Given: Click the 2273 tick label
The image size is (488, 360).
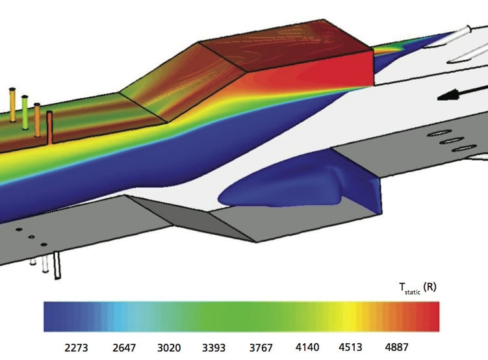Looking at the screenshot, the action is [x=76, y=348].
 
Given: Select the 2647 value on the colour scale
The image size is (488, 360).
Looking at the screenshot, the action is [x=124, y=348].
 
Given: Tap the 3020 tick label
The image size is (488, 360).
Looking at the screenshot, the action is [x=169, y=348].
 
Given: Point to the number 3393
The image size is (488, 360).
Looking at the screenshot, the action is [x=214, y=348].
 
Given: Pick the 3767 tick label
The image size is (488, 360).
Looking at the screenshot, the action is [x=261, y=348].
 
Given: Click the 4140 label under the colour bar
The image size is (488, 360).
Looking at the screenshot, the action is [x=307, y=347].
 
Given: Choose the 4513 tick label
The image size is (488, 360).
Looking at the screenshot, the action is [x=350, y=347].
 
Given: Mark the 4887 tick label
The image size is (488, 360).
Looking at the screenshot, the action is [x=397, y=347].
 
